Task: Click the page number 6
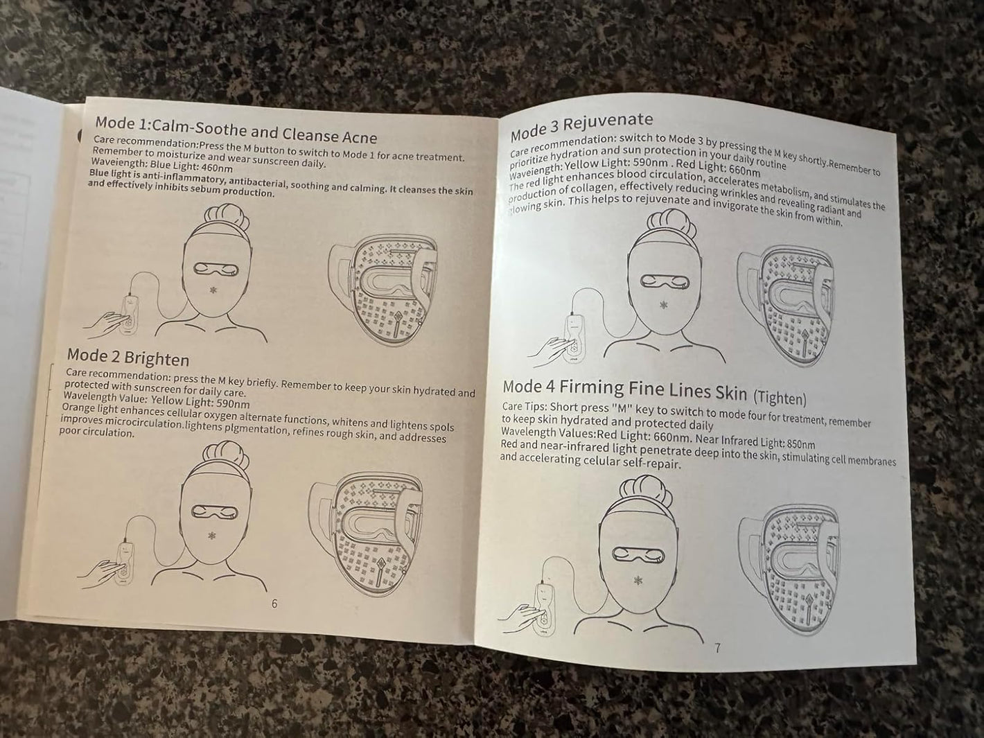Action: click(x=274, y=604)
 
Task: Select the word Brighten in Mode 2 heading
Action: click(x=157, y=358)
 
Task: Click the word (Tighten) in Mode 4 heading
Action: click(x=780, y=398)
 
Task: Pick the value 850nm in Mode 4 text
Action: click(x=801, y=444)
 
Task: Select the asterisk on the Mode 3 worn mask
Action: click(x=663, y=305)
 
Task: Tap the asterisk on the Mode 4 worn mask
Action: click(x=638, y=581)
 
